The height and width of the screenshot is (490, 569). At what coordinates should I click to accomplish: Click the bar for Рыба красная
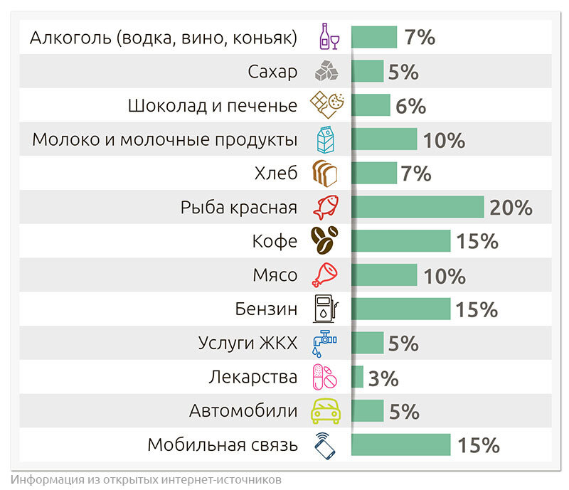pyautogui.click(x=417, y=207)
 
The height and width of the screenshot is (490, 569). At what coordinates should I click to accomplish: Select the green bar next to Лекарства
pyautogui.click(x=357, y=377)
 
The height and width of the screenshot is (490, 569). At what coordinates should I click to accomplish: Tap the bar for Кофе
pyautogui.click(x=400, y=241)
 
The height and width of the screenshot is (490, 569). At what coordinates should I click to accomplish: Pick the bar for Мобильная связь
pyautogui.click(x=400, y=445)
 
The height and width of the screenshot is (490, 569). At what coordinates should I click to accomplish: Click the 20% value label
pyautogui.click(x=511, y=207)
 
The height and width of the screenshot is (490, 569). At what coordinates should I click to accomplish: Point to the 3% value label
pyautogui.click(x=383, y=378)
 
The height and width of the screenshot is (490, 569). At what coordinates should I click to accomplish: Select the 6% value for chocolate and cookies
pyautogui.click(x=410, y=105)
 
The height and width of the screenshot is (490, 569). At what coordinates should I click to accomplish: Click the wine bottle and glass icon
pyautogui.click(x=328, y=37)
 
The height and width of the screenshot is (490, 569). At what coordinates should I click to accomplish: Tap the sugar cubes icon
pyautogui.click(x=328, y=71)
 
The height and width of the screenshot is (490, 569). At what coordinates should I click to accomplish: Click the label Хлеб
pyautogui.click(x=275, y=174)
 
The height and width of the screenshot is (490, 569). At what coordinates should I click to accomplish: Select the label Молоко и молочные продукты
pyautogui.click(x=164, y=139)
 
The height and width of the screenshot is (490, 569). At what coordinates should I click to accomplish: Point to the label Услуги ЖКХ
pyautogui.click(x=247, y=343)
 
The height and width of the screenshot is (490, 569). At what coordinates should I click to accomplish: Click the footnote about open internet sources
pyautogui.click(x=146, y=478)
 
